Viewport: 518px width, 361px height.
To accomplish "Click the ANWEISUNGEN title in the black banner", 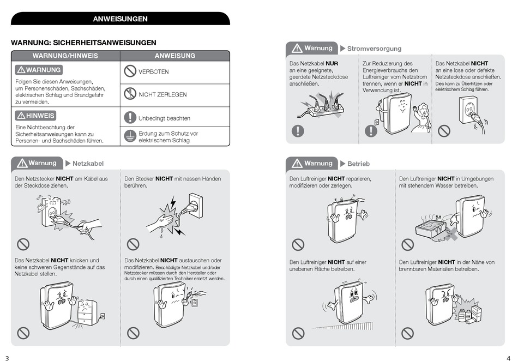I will (x=120, y=19).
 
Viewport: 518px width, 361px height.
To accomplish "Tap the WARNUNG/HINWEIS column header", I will (x=65, y=56).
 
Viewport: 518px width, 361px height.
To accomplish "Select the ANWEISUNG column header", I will (x=174, y=56).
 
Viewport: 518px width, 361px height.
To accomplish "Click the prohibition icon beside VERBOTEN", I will (x=129, y=71).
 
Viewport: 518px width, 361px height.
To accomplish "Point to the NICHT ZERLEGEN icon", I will (x=129, y=94).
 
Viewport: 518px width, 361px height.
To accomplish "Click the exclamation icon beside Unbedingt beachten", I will (x=129, y=117).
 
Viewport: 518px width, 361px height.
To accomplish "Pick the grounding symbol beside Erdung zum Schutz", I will (x=129, y=136).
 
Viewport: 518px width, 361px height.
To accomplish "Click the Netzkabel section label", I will (x=88, y=164).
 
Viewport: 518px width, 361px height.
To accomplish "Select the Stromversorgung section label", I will (x=374, y=49).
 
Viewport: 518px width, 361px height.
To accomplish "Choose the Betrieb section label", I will (x=358, y=164).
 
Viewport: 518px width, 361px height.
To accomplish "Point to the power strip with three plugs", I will (x=323, y=109).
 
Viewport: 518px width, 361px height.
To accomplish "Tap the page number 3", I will (x=7, y=358).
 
